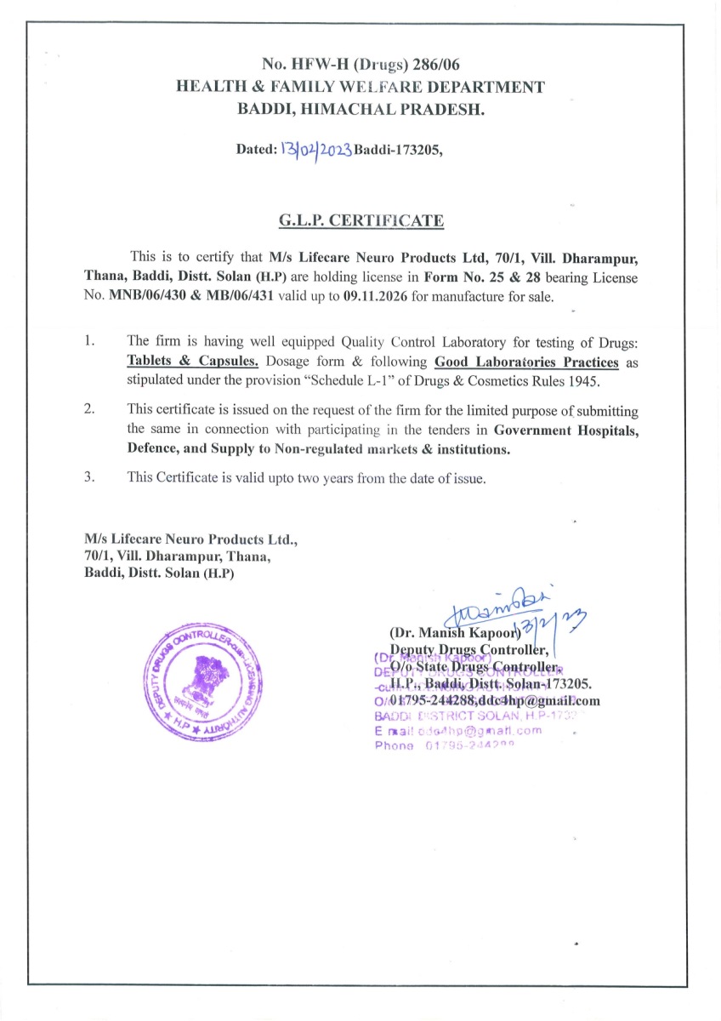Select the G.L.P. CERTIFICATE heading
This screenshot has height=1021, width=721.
[x=360, y=221]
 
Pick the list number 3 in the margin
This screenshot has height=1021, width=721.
[x=89, y=476]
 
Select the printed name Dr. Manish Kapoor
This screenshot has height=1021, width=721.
[x=454, y=634]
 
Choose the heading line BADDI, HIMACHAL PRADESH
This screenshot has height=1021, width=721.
[x=360, y=108]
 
